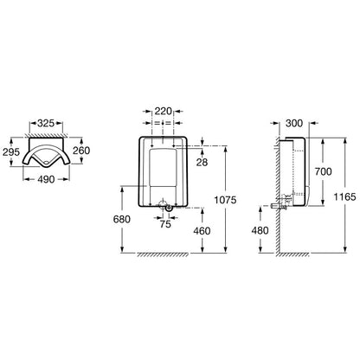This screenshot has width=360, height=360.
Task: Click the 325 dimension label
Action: pyautogui.click(x=46, y=123)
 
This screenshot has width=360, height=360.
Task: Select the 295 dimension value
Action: pyautogui.click(x=11, y=151)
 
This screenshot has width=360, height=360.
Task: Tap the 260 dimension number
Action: pyautogui.click(x=81, y=151)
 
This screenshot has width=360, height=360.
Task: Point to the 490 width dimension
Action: pyautogui.click(x=46, y=179)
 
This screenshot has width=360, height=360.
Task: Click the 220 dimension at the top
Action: pyautogui.click(x=164, y=111)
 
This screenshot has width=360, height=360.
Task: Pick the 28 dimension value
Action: pyautogui.click(x=202, y=162)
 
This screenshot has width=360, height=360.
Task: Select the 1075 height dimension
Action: pyautogui.click(x=225, y=200)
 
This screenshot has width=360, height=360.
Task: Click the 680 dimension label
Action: pyautogui.click(x=122, y=219)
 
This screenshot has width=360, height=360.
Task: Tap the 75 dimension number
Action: pyautogui.click(x=165, y=223)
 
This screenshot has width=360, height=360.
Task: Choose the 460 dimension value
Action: pyautogui.click(x=202, y=231)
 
